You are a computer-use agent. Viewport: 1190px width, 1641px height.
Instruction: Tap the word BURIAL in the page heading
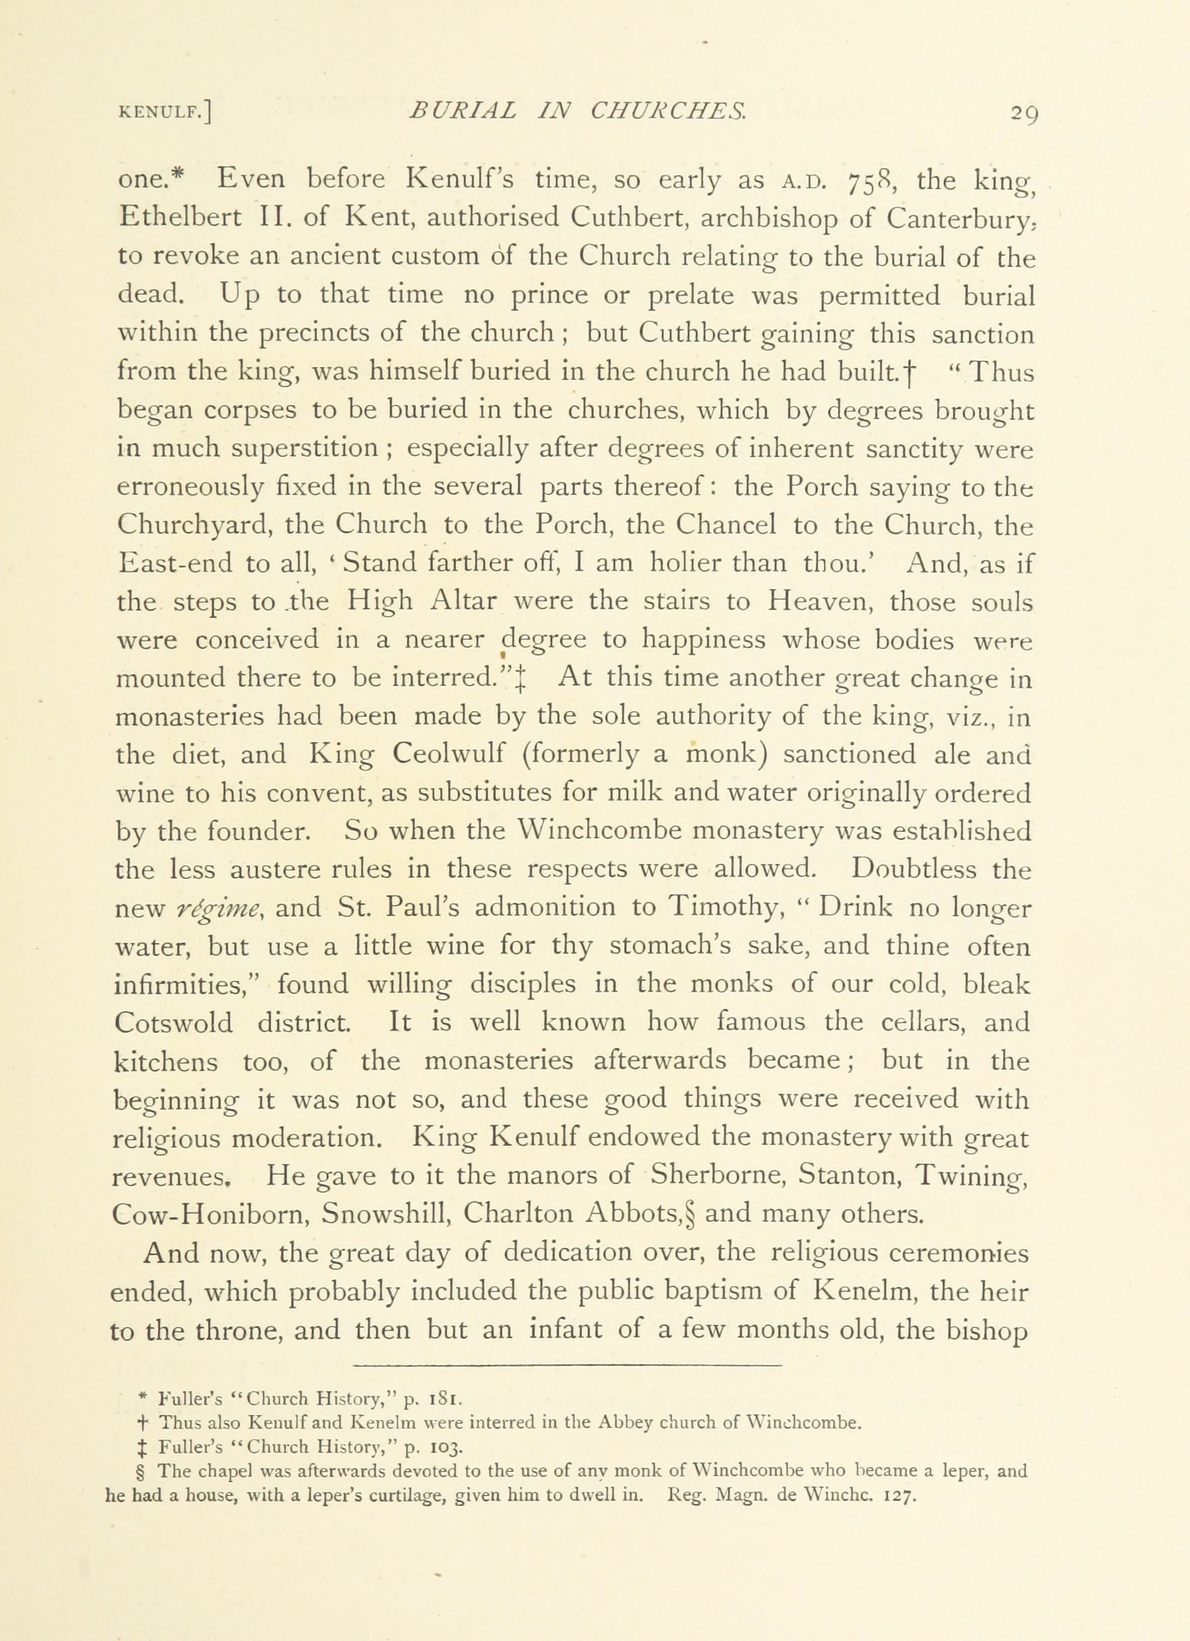pyautogui.click(x=462, y=111)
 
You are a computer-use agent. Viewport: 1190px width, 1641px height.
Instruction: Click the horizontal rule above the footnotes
pyautogui.click(x=568, y=1365)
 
